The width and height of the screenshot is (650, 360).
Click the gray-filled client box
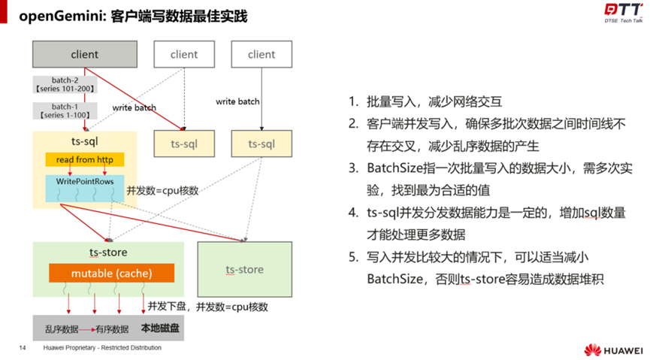pos(85,54)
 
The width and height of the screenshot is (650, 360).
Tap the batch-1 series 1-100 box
pos(59,111)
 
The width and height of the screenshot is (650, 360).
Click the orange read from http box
pos(84,159)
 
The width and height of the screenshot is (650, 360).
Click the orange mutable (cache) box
pos(111,273)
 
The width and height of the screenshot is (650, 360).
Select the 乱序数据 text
pos(62,329)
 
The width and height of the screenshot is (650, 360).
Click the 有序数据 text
pos(111,329)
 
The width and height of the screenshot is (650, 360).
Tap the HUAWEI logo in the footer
pos(614,350)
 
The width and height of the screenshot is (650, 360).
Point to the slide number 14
pos(22,348)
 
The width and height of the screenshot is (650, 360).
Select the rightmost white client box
pos(262,54)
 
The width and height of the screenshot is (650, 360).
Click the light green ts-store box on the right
pos(244,269)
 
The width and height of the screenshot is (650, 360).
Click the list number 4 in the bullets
pos(353,213)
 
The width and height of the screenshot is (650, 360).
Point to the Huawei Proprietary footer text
pos(101,348)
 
